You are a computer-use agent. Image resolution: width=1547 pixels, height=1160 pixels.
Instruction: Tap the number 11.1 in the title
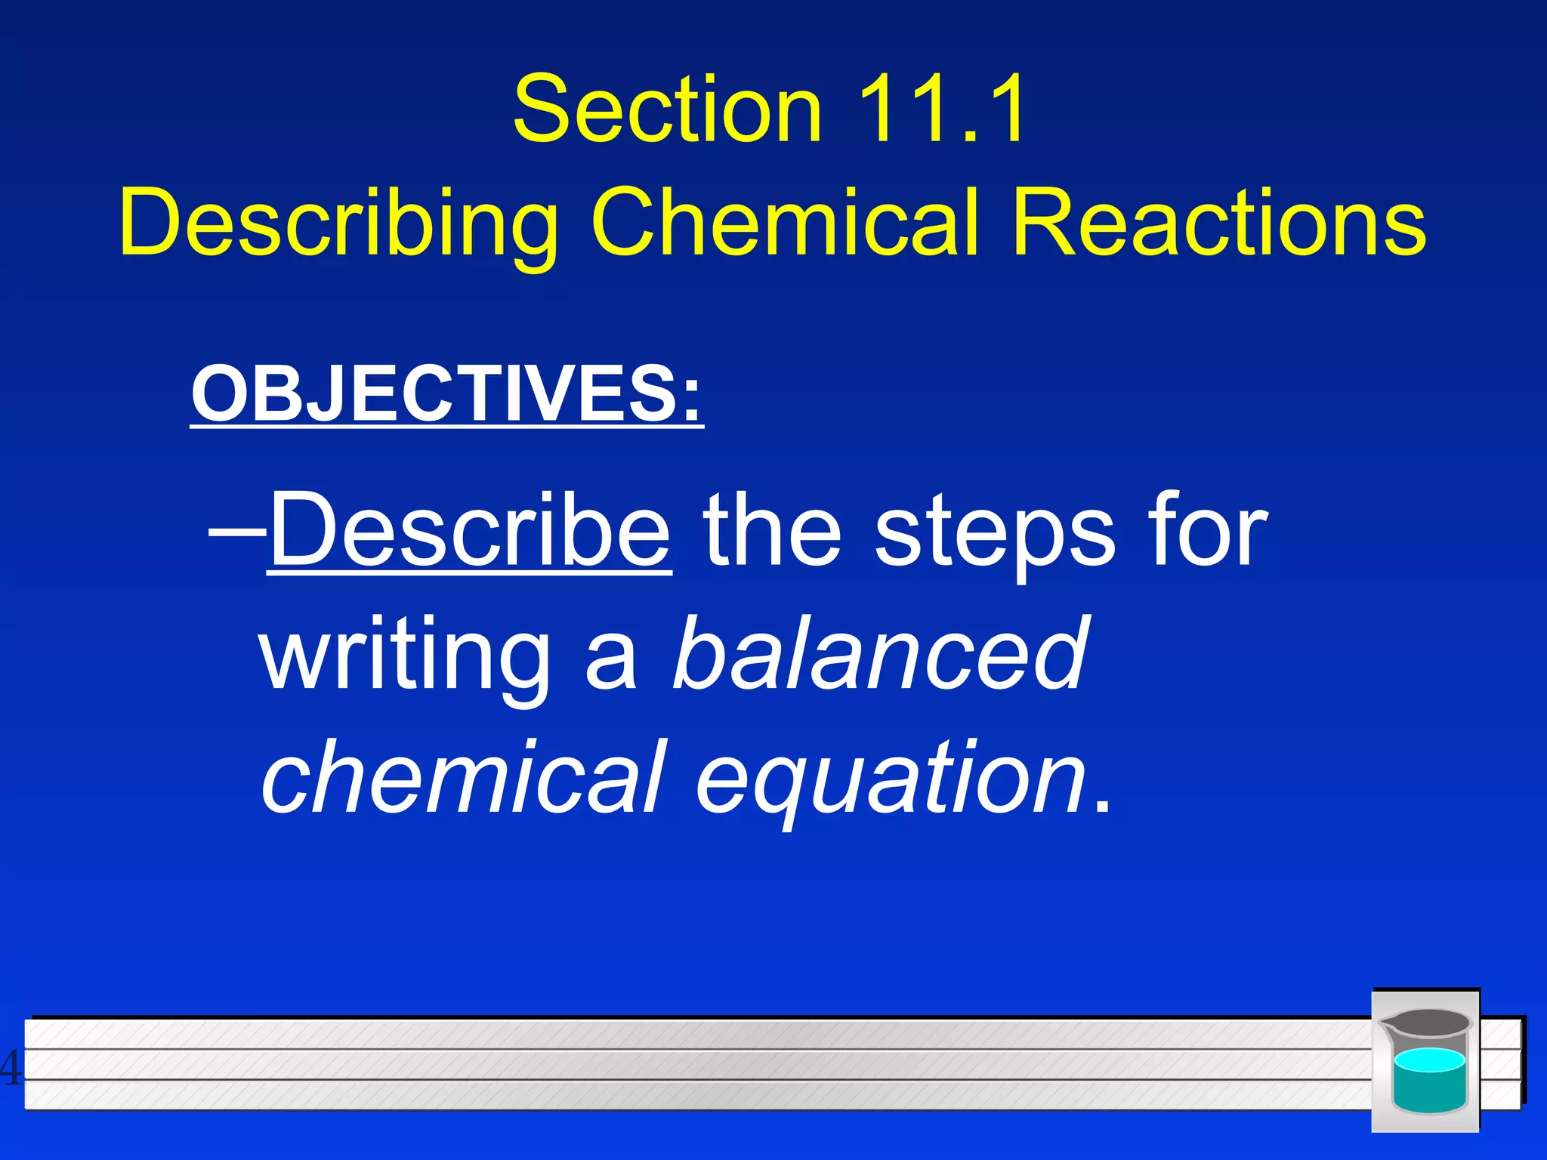pos(941,110)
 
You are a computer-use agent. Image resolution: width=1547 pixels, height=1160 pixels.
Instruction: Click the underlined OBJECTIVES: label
pos(446,394)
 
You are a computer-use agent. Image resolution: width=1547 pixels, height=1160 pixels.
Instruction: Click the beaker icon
pos(1425,1060)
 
